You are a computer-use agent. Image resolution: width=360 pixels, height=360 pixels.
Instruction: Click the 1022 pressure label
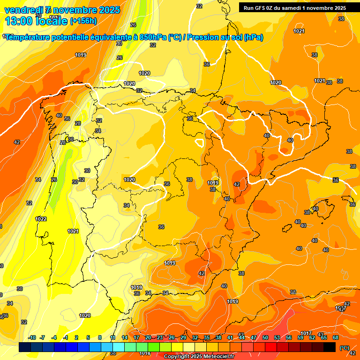(41, 219)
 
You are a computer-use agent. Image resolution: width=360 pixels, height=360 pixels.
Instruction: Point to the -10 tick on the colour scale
(32, 337)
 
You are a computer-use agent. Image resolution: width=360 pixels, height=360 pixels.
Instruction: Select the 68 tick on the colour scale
(336, 337)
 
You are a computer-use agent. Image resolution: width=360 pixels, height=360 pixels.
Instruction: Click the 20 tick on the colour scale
(148, 337)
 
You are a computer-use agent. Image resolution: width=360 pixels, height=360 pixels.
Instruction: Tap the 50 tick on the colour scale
(265, 337)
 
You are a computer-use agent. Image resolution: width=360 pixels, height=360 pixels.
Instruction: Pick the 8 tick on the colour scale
(100, 337)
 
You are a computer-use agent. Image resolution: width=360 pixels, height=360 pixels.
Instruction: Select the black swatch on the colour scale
(330, 347)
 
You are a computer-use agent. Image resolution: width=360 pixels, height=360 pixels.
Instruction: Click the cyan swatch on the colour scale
(118, 347)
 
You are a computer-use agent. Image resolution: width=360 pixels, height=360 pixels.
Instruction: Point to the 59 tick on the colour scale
(300, 337)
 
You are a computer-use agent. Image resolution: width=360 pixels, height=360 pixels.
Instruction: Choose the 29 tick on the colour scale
(183, 337)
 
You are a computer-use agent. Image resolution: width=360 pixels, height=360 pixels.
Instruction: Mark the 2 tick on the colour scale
(76, 337)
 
